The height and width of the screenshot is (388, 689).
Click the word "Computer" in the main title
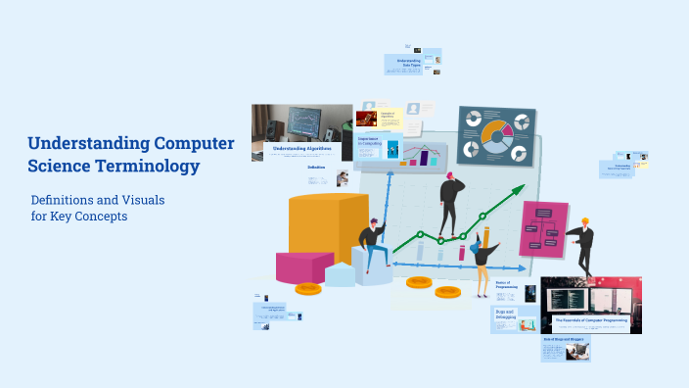pyautogui.click(x=184, y=143)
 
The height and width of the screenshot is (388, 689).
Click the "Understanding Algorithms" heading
pyautogui.click(x=301, y=149)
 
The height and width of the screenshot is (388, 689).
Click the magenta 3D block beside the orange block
pyautogui.click(x=303, y=267)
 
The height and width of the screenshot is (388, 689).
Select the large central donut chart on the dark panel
pyautogui.click(x=496, y=137)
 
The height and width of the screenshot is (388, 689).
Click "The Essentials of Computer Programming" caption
pyautogui.click(x=591, y=320)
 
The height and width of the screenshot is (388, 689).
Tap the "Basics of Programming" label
pyautogui.click(x=507, y=285)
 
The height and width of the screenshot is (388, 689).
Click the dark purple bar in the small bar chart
pyautogui.click(x=424, y=158)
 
